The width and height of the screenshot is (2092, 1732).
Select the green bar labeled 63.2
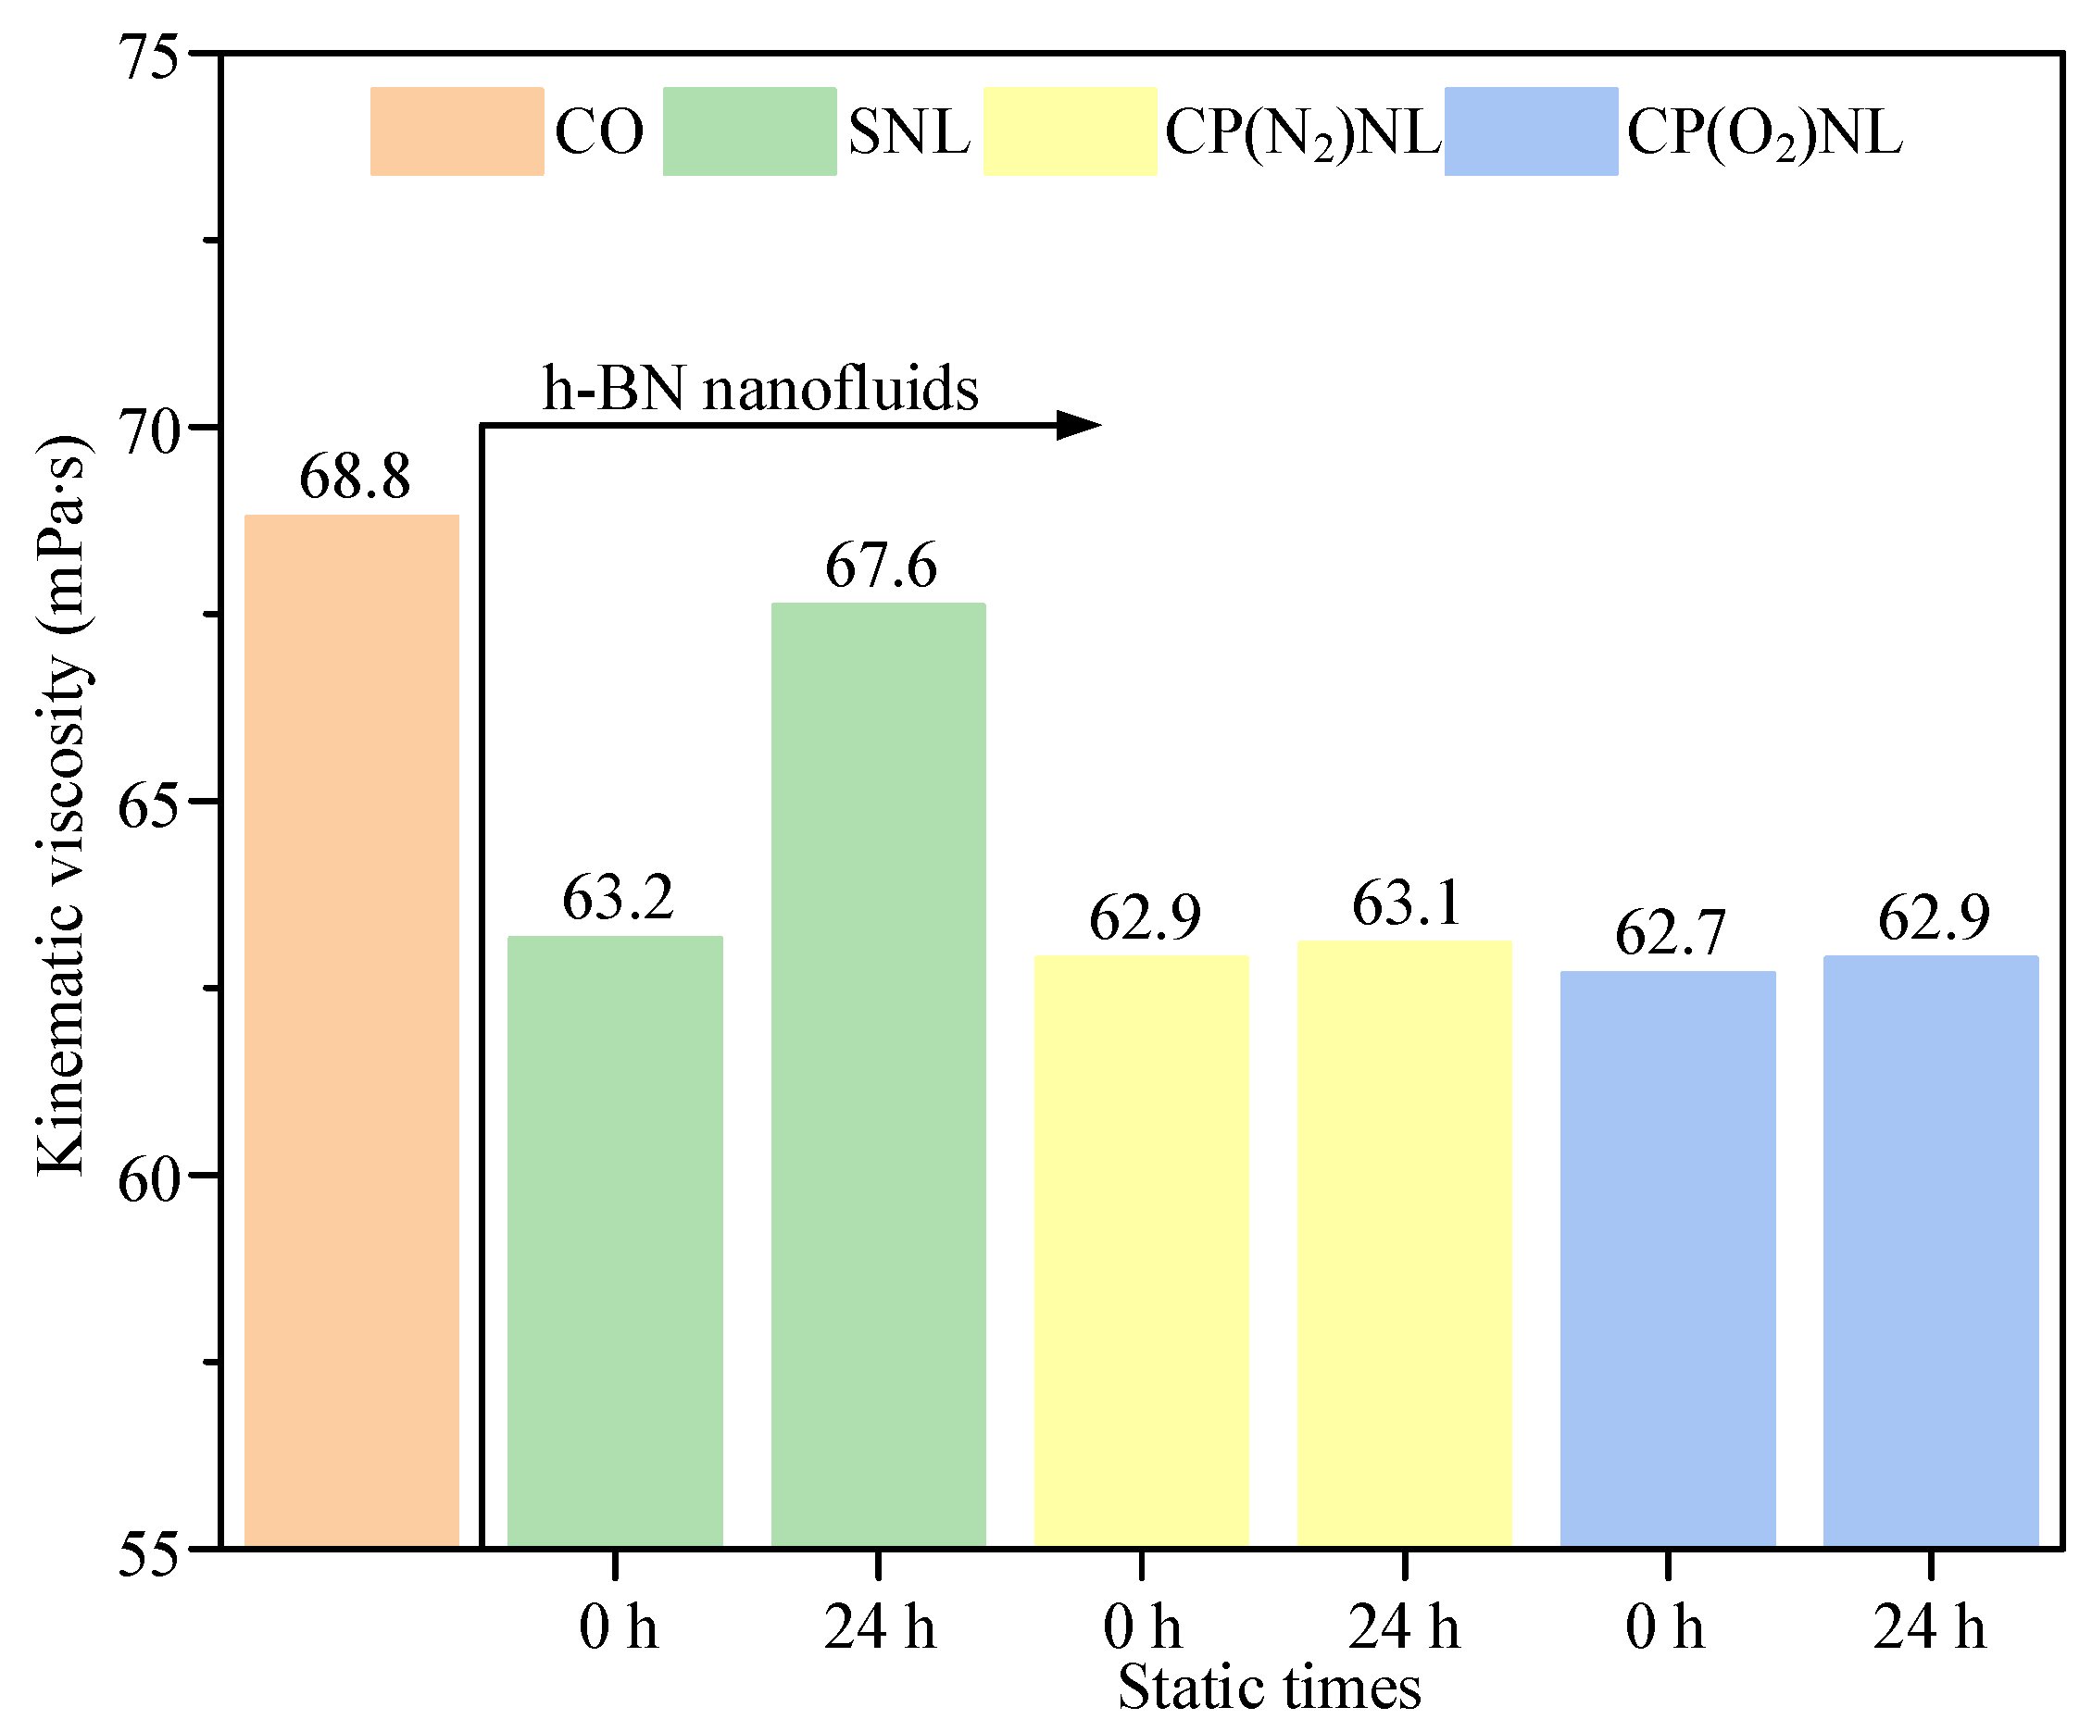[x=615, y=1241]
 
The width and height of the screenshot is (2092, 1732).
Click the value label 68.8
[x=355, y=476]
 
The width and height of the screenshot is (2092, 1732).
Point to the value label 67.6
[x=881, y=566]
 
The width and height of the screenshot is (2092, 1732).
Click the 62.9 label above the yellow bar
[x=1145, y=917]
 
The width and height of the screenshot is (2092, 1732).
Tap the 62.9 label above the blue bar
[x=1934, y=917]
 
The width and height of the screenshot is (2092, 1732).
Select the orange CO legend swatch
[x=457, y=131]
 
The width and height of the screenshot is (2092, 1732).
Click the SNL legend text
[x=908, y=131]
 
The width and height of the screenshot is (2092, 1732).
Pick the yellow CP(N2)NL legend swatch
[x=1070, y=131]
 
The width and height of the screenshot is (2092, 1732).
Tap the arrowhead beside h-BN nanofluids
[x=1078, y=425]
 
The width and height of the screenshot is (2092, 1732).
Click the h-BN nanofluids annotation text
[x=760, y=388]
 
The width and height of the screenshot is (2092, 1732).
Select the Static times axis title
[x=1269, y=1688]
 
